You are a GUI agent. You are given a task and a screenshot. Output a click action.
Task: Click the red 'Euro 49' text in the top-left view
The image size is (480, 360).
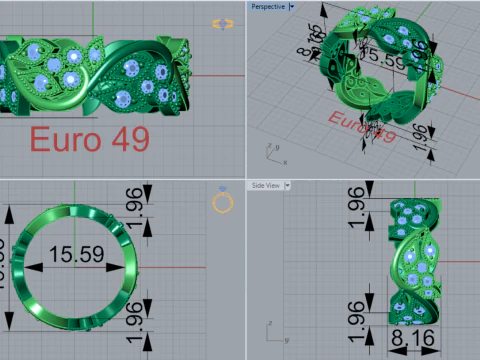point(89,138)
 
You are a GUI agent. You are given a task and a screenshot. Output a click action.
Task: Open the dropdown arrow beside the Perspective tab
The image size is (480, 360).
point(291,7)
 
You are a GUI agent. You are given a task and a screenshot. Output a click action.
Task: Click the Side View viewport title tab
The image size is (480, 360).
point(264,185)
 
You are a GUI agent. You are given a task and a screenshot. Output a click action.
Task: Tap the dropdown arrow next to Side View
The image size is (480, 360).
point(287,185)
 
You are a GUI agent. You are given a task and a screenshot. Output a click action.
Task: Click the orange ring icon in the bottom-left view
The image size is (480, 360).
point(223,202)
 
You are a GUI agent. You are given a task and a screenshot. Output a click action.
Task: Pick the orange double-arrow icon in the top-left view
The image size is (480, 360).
point(222,23)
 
